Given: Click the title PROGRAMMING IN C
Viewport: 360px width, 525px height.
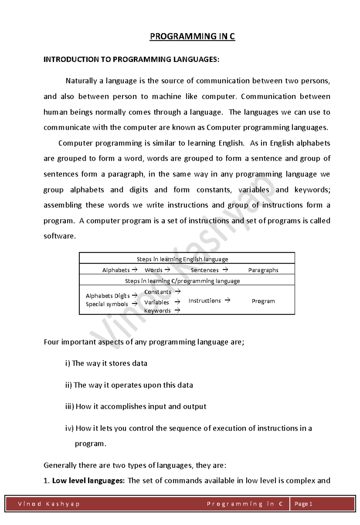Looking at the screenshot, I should coord(192,36).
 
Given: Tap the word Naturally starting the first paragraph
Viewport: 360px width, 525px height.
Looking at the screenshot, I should coord(81,81).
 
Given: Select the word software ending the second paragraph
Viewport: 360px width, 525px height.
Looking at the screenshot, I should coord(59,236).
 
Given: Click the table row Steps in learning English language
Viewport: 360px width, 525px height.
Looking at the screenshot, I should coord(182,259).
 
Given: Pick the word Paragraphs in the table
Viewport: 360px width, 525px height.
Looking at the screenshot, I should coord(263,270).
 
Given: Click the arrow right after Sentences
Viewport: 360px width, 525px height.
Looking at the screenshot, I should coord(225,270).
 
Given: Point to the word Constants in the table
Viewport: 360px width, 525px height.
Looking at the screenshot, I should coord(157,292).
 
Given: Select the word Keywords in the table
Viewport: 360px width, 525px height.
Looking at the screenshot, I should coord(157,311).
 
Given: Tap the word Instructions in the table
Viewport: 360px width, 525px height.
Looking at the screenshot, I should coord(204,301).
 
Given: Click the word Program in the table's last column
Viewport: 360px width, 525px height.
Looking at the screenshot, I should coord(263,301).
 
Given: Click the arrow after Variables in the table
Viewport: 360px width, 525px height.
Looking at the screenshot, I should coord(177,302).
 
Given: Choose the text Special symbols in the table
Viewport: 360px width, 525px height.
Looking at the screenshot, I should coord(107,304).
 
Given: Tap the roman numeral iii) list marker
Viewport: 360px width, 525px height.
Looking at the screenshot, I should coord(69,407).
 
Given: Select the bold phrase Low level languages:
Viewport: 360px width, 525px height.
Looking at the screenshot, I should coord(88,481).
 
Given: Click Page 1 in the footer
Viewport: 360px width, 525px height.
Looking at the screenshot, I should coord(303,504).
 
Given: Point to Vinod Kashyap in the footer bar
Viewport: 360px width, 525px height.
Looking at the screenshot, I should coord(49,504).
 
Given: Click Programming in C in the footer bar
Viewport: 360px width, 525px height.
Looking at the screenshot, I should coord(245,504).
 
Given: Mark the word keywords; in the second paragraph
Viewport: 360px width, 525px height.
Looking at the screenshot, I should coord(312,190).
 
